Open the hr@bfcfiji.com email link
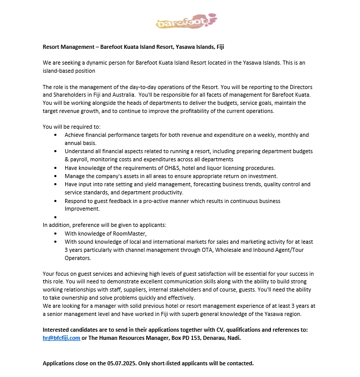61,337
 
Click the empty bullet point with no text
55,217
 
